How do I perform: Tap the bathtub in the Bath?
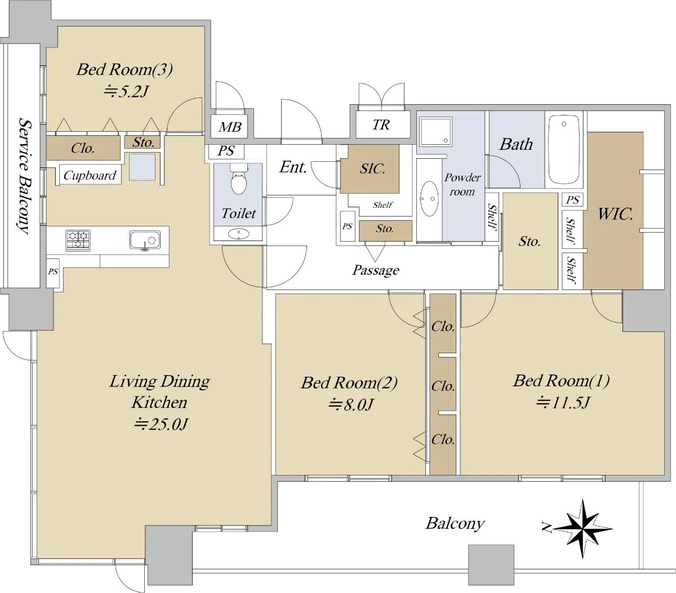coord(563,149)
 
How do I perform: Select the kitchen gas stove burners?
coord(78,240)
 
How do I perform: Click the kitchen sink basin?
coord(145,240)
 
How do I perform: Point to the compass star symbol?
coord(582,529)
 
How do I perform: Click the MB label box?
coord(230,127)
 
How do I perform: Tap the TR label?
coord(381,124)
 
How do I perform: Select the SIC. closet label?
coord(372,169)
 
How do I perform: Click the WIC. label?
coord(615,214)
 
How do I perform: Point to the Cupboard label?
coord(90,175)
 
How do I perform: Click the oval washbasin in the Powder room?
coord(429,199)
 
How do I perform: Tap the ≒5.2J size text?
coord(125,91)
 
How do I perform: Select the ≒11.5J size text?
coord(563,402)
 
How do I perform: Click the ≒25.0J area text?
coord(161,424)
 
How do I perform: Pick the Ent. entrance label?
coord(292,167)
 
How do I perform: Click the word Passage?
coord(376,270)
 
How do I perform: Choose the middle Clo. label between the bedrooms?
coord(443,386)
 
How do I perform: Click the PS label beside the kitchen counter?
coord(53,271)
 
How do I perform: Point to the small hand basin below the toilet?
coord(238,234)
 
